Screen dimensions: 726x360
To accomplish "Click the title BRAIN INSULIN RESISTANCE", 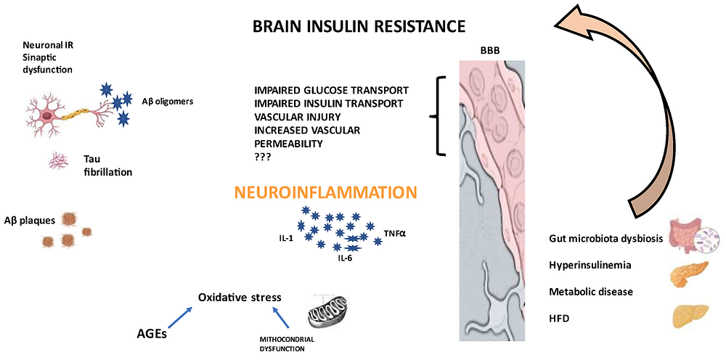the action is pyautogui.click(x=359, y=26).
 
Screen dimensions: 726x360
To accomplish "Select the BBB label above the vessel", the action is pyautogui.click(x=490, y=52).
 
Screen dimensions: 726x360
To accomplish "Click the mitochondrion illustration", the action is pyautogui.click(x=327, y=310).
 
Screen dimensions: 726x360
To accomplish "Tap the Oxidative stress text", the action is pyautogui.click(x=240, y=297).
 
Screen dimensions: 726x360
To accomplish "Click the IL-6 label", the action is pyautogui.click(x=344, y=258).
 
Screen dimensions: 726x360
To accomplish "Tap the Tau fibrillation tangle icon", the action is pyautogui.click(x=58, y=161).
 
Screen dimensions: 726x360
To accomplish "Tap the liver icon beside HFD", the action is pyautogui.click(x=690, y=316).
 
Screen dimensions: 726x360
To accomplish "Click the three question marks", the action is pyautogui.click(x=263, y=157).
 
